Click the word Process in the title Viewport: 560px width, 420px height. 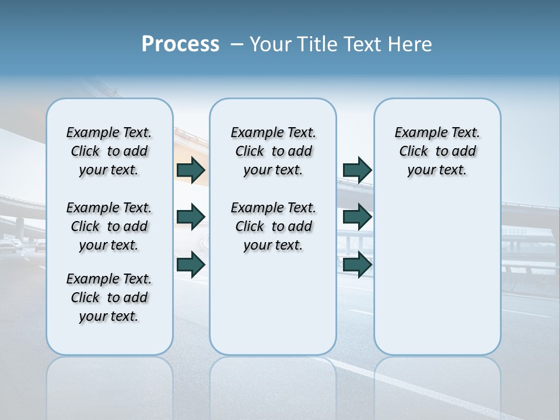coord(180,44)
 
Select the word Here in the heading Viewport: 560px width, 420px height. coord(410,44)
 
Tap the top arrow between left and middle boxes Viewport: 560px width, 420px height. coord(191,170)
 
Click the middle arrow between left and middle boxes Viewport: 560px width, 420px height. coord(191,217)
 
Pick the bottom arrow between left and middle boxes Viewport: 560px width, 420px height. coord(191,265)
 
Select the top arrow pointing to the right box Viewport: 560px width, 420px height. coord(357,170)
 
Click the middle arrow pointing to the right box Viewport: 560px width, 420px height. coord(357,217)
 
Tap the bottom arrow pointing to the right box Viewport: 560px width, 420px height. coord(357,265)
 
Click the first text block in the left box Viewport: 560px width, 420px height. coord(109,151)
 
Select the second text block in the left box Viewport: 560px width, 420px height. coord(109,226)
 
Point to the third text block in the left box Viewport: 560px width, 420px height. coord(109,297)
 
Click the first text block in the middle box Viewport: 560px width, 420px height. coord(273,151)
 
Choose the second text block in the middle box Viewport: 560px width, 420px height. coord(273,226)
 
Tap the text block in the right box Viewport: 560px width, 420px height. coord(437,151)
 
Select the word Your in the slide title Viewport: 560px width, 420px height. coord(270,44)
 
